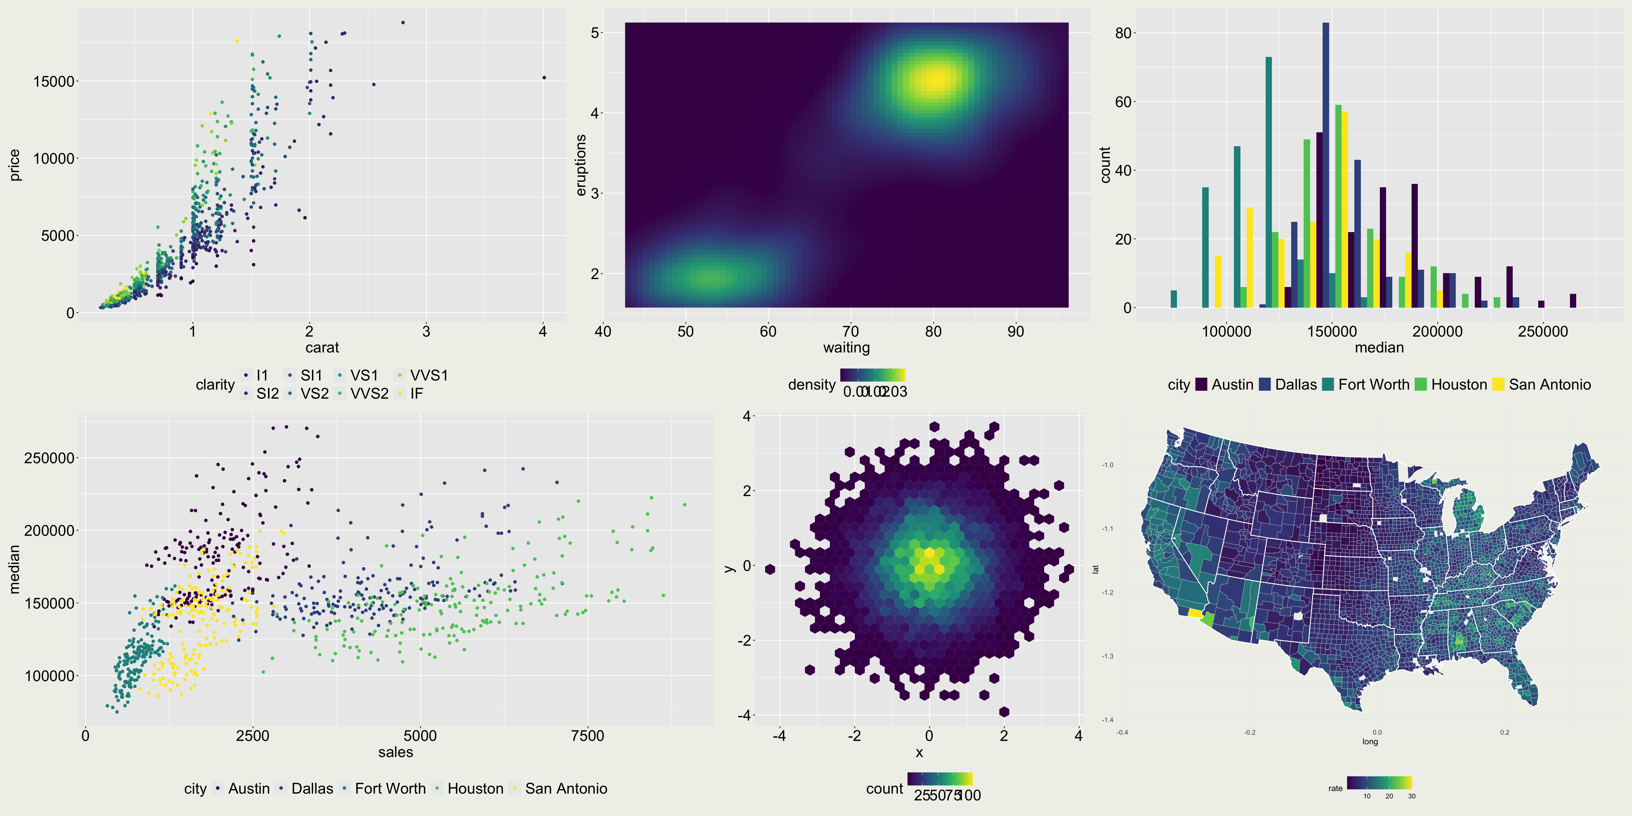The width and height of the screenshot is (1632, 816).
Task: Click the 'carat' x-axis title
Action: [322, 347]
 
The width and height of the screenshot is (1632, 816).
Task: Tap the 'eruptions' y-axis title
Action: [580, 165]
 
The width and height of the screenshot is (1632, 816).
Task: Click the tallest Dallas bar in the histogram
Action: [1326, 165]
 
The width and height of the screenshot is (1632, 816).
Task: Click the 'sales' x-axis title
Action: [395, 752]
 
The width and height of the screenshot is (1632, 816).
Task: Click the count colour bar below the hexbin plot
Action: [940, 779]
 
